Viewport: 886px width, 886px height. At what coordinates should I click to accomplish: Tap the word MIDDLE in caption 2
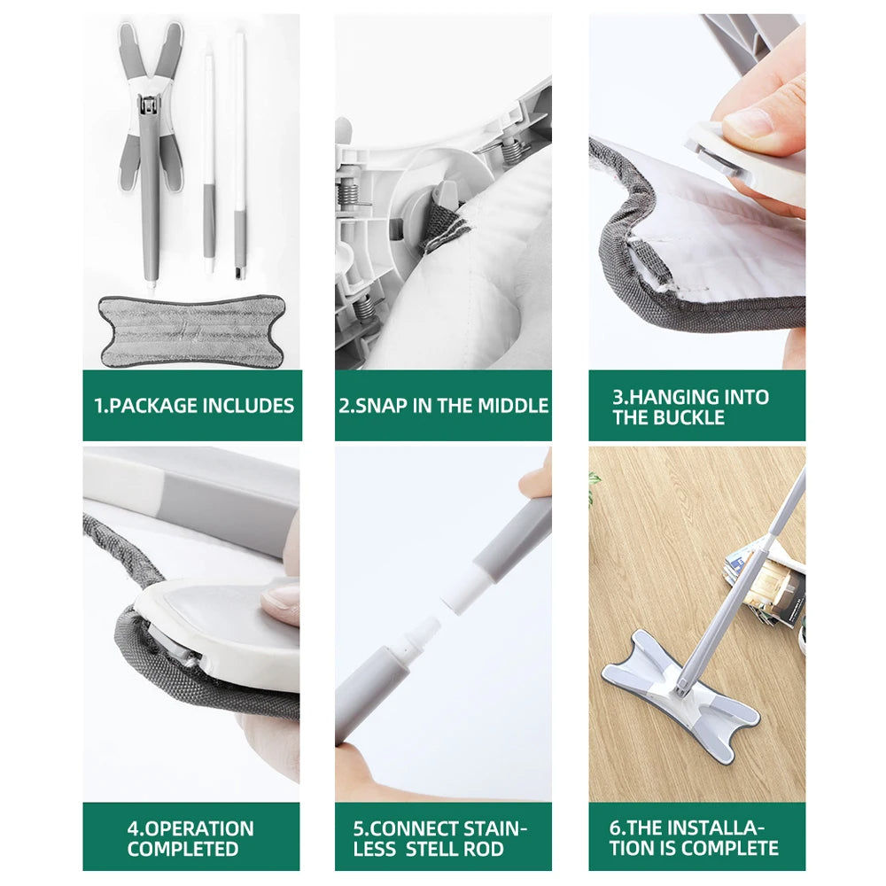(x=513, y=406)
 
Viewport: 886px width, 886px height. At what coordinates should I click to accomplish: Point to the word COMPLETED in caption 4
(x=183, y=849)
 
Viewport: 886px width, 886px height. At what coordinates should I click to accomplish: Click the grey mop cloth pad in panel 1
(x=191, y=330)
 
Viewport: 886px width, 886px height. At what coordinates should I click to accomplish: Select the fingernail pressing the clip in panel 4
(x=281, y=596)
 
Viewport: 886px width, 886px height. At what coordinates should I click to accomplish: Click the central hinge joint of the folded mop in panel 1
(x=149, y=105)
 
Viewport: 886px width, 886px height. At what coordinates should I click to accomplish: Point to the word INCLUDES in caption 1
(x=248, y=406)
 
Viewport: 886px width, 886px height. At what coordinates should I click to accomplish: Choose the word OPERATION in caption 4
(x=199, y=828)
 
